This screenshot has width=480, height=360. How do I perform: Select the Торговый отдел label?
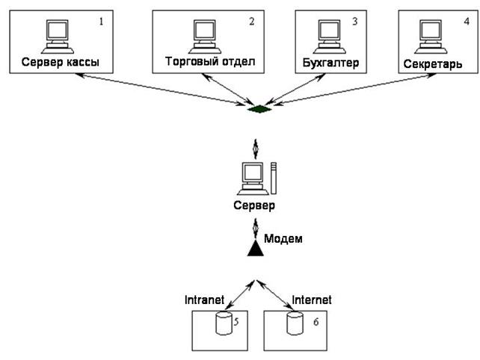[209, 60]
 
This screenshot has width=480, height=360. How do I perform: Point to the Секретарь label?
[434, 63]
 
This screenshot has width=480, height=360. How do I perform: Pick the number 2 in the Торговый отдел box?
[251, 21]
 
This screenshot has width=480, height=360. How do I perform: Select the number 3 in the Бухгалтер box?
[355, 21]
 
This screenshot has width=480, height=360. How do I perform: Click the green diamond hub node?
[259, 111]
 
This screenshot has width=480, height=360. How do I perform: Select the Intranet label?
[205, 300]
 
